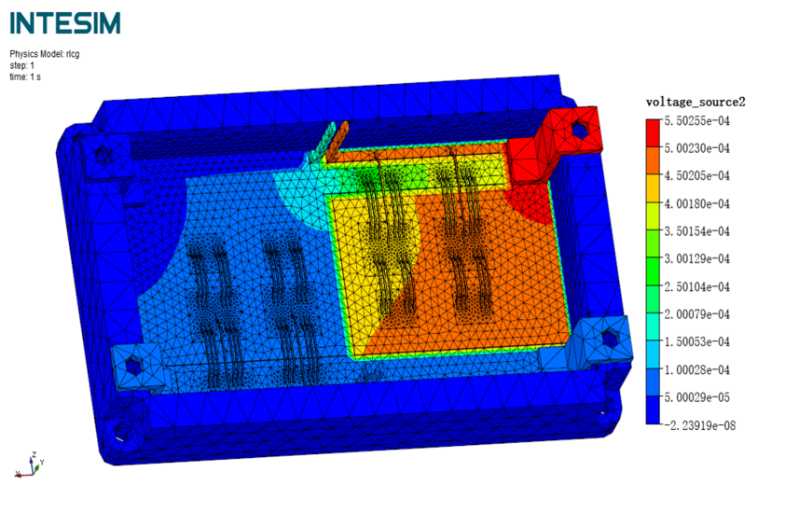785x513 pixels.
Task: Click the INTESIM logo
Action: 65,23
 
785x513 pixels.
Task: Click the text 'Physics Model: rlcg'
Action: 45,54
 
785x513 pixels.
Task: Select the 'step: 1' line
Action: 22,65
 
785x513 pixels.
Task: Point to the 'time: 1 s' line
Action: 25,77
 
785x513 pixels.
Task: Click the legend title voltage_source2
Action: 695,103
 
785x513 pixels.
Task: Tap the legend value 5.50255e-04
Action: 696,120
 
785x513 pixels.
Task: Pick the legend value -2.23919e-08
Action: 700,426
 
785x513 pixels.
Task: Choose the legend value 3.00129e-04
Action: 696,259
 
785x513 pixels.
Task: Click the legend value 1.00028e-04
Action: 696,370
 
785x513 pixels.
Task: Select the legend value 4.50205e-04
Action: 696,176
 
